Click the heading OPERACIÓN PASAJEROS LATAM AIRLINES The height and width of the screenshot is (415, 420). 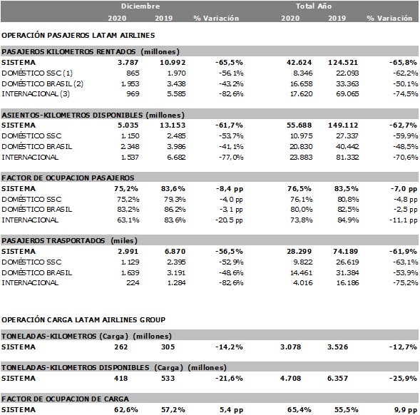[x=78, y=34]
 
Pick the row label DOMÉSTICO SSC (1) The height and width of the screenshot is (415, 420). [x=37, y=73]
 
